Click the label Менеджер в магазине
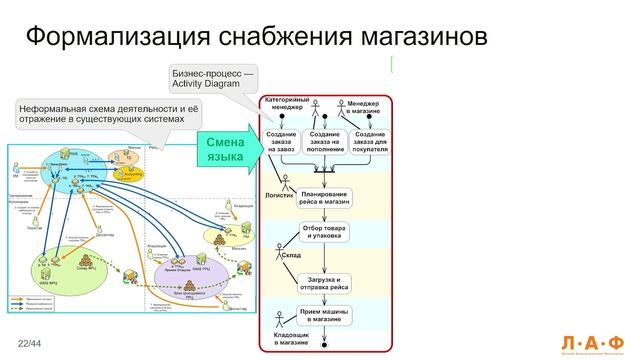[366, 106]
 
